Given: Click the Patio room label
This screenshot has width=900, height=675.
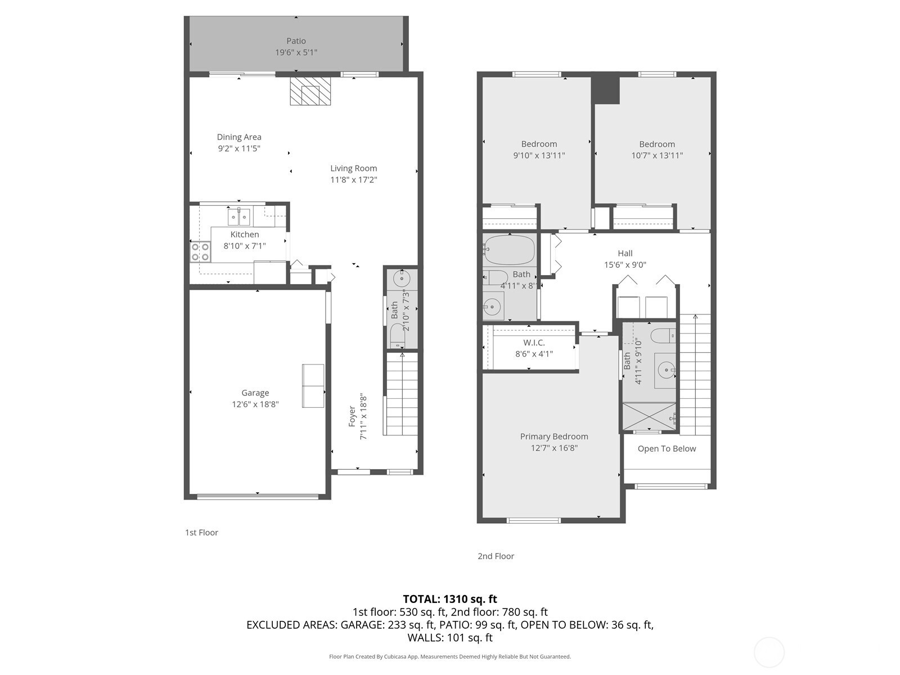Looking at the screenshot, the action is coord(296,41).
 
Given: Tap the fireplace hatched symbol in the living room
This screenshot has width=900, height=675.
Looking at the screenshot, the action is coord(310,91).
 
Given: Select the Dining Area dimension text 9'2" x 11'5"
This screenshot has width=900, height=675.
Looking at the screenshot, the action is coord(239,148).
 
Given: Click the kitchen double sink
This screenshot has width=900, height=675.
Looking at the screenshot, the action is coord(238,217).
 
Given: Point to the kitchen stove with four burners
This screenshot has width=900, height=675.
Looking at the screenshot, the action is coord(200,251).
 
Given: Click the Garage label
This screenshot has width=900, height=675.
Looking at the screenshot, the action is coord(255,393).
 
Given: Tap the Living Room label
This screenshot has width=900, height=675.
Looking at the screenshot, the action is coord(353,168).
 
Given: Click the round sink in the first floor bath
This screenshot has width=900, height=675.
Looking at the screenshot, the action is coord(402,279).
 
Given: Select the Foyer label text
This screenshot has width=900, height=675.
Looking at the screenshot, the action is coord(352,416).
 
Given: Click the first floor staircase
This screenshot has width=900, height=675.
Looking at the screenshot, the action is coord(402,394).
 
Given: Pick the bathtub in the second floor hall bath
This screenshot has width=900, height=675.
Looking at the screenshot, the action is coord(509,250).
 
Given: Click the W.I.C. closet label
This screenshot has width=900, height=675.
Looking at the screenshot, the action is coord(534,342).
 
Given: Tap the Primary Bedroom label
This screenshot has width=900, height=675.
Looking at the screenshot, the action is coord(554,436).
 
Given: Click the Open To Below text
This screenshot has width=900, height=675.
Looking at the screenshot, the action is coord(667,449).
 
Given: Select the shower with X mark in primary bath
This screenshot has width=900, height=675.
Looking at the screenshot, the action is coord(649,416).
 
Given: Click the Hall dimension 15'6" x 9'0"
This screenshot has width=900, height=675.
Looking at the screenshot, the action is coord(625,265).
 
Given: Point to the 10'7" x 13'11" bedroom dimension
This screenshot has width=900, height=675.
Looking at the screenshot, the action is coord(657,155).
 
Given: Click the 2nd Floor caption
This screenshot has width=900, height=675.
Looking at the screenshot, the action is coord(496,556).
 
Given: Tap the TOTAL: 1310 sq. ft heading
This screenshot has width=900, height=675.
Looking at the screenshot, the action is coord(450,599).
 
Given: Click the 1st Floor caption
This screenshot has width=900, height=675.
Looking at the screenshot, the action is coord(201,532).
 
